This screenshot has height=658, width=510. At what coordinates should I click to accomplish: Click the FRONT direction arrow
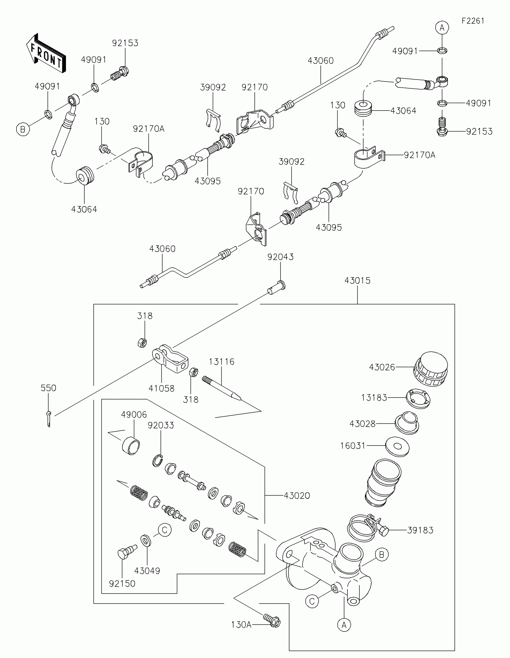tap(46, 54)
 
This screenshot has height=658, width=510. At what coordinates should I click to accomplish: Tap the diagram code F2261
tap(472, 21)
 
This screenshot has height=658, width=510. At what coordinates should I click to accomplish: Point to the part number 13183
tap(374, 398)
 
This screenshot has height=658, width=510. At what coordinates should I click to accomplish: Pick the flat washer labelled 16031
tap(397, 446)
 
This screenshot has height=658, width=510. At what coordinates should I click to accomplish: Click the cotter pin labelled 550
tap(49, 419)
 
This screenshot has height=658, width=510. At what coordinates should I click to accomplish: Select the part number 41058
tap(161, 388)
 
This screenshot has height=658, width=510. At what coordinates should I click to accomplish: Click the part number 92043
tap(280, 257)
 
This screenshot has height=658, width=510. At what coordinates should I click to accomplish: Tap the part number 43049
tap(147, 571)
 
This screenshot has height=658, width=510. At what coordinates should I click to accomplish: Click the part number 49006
tap(134, 415)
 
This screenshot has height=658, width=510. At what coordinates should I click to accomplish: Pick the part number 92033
tap(161, 425)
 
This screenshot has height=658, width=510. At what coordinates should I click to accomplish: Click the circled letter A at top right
tap(442, 28)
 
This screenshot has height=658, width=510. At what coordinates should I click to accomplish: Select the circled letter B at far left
tap(23, 129)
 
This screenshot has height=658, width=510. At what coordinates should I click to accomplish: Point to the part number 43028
tap(362, 424)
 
